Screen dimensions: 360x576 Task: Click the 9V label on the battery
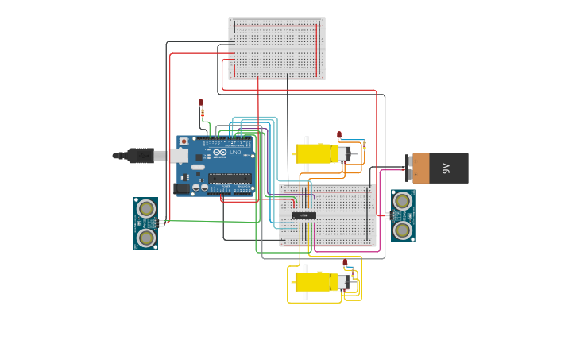(x=446, y=168)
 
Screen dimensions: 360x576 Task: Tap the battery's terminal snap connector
(x=410, y=168)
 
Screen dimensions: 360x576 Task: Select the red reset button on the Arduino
(x=184, y=141)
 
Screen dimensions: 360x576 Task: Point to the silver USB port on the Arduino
(x=180, y=156)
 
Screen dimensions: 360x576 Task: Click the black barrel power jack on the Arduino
(x=183, y=188)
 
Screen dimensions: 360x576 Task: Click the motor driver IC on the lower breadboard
(x=303, y=215)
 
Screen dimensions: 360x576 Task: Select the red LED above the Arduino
(x=201, y=103)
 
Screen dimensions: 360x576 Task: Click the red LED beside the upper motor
(x=339, y=134)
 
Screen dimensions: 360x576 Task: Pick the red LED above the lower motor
(x=345, y=262)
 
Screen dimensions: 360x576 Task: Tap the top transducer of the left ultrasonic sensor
(x=146, y=209)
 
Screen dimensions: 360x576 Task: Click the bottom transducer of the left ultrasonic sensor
(x=146, y=238)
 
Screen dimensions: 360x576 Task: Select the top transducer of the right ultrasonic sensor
(x=403, y=201)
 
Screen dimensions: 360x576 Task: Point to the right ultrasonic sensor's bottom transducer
(x=403, y=230)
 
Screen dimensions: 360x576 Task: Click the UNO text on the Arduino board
(x=236, y=153)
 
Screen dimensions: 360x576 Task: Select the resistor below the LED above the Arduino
(x=203, y=114)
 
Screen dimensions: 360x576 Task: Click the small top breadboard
(x=276, y=48)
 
